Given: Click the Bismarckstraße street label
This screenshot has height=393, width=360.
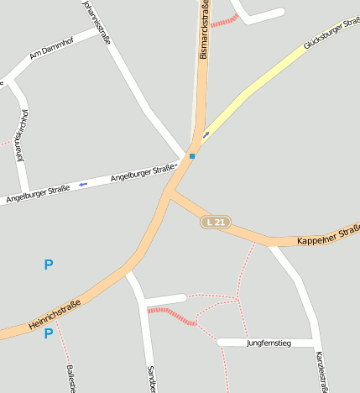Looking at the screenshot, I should (203, 31).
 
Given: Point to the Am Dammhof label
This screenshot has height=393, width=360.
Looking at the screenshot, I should (51, 52).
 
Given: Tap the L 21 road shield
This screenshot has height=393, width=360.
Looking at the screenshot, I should (216, 223).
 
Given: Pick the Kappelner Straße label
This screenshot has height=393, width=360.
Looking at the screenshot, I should (328, 236).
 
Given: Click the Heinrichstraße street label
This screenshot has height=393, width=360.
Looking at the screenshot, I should (54, 315).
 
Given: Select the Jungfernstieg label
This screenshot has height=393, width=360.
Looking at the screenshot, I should (268, 343).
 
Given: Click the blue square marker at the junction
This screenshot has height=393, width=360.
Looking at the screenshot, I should (191, 156).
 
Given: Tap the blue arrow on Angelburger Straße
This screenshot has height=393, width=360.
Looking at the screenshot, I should (82, 184).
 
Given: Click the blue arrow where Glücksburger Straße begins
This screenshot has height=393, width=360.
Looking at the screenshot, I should (206, 134).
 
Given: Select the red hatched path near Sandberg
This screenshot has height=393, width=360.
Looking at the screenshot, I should (170, 315).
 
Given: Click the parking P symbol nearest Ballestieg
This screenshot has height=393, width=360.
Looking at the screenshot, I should (49, 333).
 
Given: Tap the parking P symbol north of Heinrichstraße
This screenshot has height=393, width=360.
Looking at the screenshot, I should (49, 265).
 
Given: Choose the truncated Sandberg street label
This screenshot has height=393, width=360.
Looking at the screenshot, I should (152, 379).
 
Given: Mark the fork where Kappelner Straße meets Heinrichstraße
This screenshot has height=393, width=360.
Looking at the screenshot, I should (170, 194).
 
